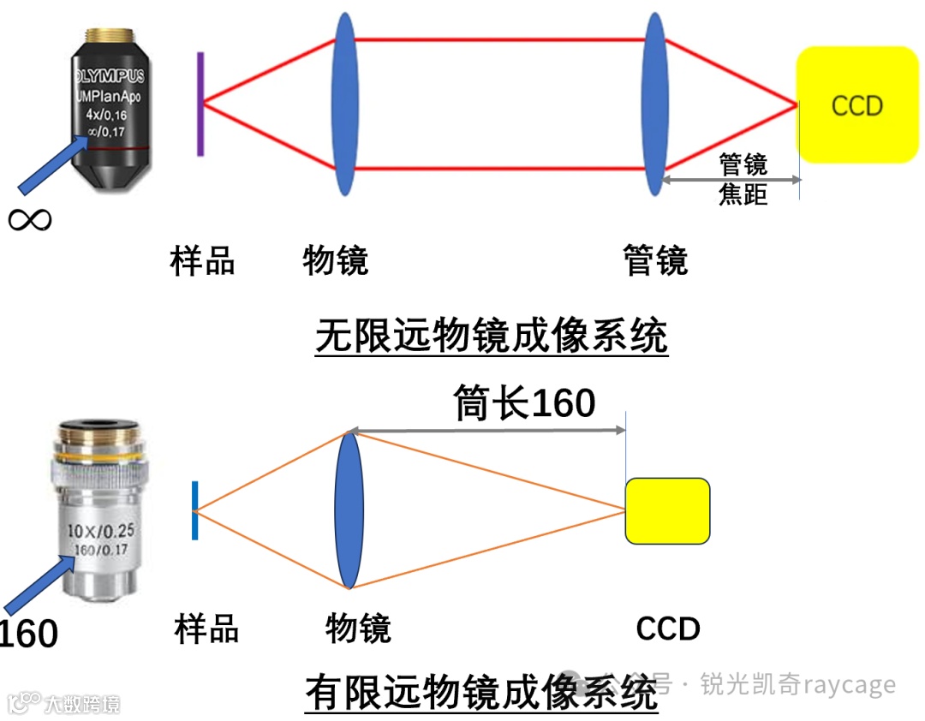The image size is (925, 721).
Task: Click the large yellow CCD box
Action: click(856, 104)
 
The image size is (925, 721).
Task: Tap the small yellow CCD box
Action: click(667, 510)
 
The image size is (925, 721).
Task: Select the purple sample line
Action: click(200, 104)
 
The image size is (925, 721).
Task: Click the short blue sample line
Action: click(195, 510)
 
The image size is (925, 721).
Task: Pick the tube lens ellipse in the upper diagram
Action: click(655, 104)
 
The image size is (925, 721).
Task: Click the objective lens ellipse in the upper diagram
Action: click(344, 104)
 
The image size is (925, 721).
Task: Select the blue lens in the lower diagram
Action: click(349, 510)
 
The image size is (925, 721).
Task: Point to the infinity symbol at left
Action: click(29, 219)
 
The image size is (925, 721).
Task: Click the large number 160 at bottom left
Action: click(27, 635)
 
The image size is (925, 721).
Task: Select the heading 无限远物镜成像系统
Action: click(491, 337)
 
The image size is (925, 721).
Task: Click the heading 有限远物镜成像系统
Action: click(480, 692)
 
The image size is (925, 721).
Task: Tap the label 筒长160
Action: click(524, 402)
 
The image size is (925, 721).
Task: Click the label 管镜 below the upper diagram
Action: click(655, 260)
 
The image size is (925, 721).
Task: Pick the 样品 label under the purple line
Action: click(202, 260)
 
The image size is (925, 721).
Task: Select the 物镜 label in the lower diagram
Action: click(358, 629)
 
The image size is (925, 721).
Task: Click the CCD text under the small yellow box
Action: click(667, 629)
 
